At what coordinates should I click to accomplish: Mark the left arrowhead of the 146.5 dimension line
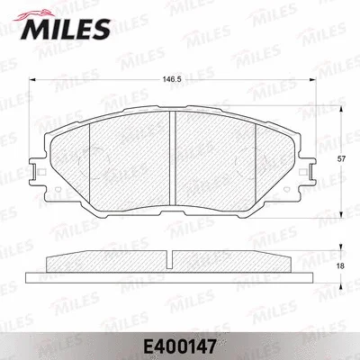pyautogui.click(x=33, y=86)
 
